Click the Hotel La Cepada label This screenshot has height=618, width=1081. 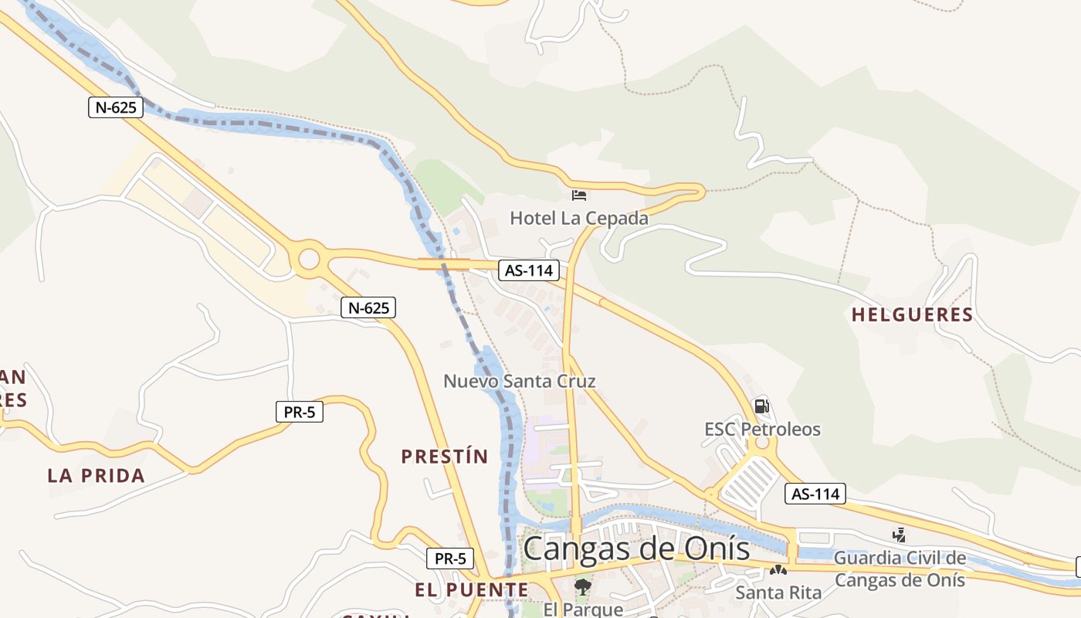click(579, 219)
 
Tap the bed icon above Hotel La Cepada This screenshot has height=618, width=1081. click(579, 195)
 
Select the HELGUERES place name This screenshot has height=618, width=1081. click(912, 315)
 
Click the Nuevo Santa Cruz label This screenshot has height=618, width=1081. click(520, 381)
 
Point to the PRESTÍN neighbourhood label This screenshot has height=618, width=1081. click(445, 457)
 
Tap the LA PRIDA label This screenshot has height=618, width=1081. click(97, 476)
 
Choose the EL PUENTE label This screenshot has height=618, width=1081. click(472, 590)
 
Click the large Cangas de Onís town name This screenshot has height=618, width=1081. click(636, 548)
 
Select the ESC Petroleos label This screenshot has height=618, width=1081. click(762, 430)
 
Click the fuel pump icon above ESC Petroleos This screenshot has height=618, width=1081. click(761, 406)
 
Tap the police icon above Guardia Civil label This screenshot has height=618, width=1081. click(899, 534)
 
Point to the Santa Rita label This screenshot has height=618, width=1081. click(778, 593)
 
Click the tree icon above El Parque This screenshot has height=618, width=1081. click(582, 587)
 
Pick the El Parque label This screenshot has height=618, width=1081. click(583, 610)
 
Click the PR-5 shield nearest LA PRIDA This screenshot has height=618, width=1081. click(300, 412)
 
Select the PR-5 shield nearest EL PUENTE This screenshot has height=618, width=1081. click(450, 558)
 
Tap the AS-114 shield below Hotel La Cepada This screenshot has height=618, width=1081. click(529, 270)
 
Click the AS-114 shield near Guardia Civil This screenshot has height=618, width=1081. click(815, 493)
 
